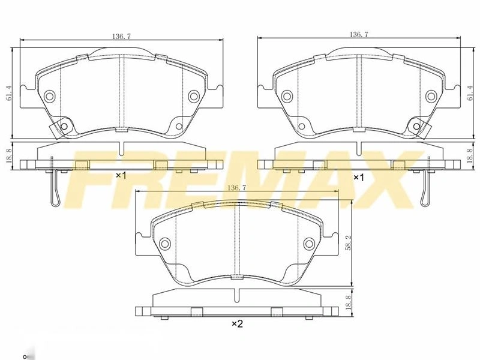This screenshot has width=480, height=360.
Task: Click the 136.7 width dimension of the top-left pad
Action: [122, 36]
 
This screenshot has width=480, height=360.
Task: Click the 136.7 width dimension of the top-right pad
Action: [359, 34]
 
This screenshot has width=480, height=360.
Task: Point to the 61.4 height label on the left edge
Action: [8, 94]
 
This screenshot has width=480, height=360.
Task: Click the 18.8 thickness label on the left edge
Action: [8, 156]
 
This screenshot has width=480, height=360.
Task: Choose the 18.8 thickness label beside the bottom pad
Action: [347, 302]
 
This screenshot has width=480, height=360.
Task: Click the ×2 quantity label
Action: [237, 323]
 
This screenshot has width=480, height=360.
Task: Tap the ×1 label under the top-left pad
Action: [121, 175]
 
